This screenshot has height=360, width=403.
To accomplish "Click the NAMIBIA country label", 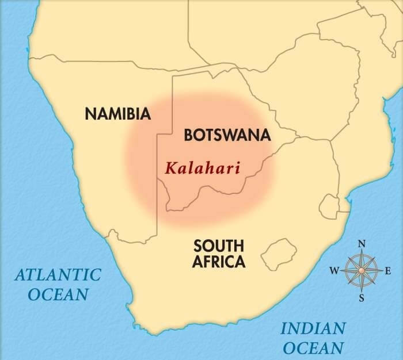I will [x=118, y=113].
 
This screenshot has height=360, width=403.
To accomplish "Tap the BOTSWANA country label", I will [x=227, y=135].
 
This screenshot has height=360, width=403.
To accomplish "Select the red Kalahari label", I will [x=202, y=169].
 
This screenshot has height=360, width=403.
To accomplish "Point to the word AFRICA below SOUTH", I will [x=219, y=262].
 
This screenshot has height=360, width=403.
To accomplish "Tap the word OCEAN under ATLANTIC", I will [x=58, y=294].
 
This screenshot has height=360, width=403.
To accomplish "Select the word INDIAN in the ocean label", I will [x=313, y=329].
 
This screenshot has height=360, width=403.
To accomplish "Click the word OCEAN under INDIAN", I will [x=314, y=347].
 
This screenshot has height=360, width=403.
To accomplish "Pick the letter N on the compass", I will [x=362, y=244].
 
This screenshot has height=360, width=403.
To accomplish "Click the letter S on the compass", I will [x=362, y=298].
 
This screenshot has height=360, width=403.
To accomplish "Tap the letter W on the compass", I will [x=334, y=271].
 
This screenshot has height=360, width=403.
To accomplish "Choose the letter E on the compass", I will [x=387, y=271].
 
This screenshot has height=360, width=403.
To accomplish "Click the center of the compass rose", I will [x=362, y=270].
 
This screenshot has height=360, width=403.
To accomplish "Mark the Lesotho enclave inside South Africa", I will [x=279, y=251].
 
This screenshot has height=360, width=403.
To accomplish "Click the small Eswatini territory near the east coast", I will [x=330, y=204].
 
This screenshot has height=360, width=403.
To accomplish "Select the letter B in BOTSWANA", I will [x=188, y=135].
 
